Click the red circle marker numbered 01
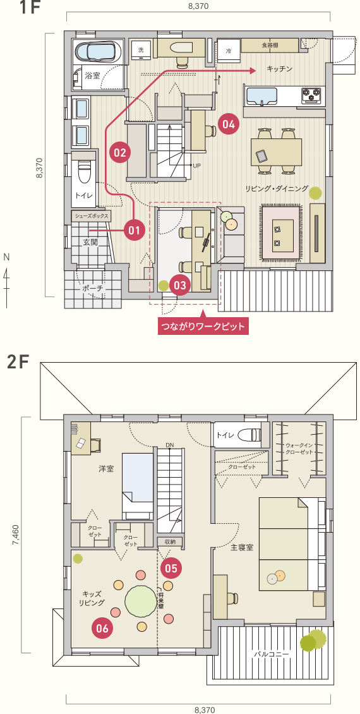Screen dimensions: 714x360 coord(133,231)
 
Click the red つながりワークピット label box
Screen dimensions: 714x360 coord(201,326)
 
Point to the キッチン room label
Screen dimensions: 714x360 coord(280,69)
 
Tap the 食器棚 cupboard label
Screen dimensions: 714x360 coord(270,45)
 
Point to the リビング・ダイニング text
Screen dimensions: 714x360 coord(277,189)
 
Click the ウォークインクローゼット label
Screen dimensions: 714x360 coord(299,449)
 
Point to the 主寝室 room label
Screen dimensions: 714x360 coord(242,547)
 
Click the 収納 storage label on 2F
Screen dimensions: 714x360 coord(170,542)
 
